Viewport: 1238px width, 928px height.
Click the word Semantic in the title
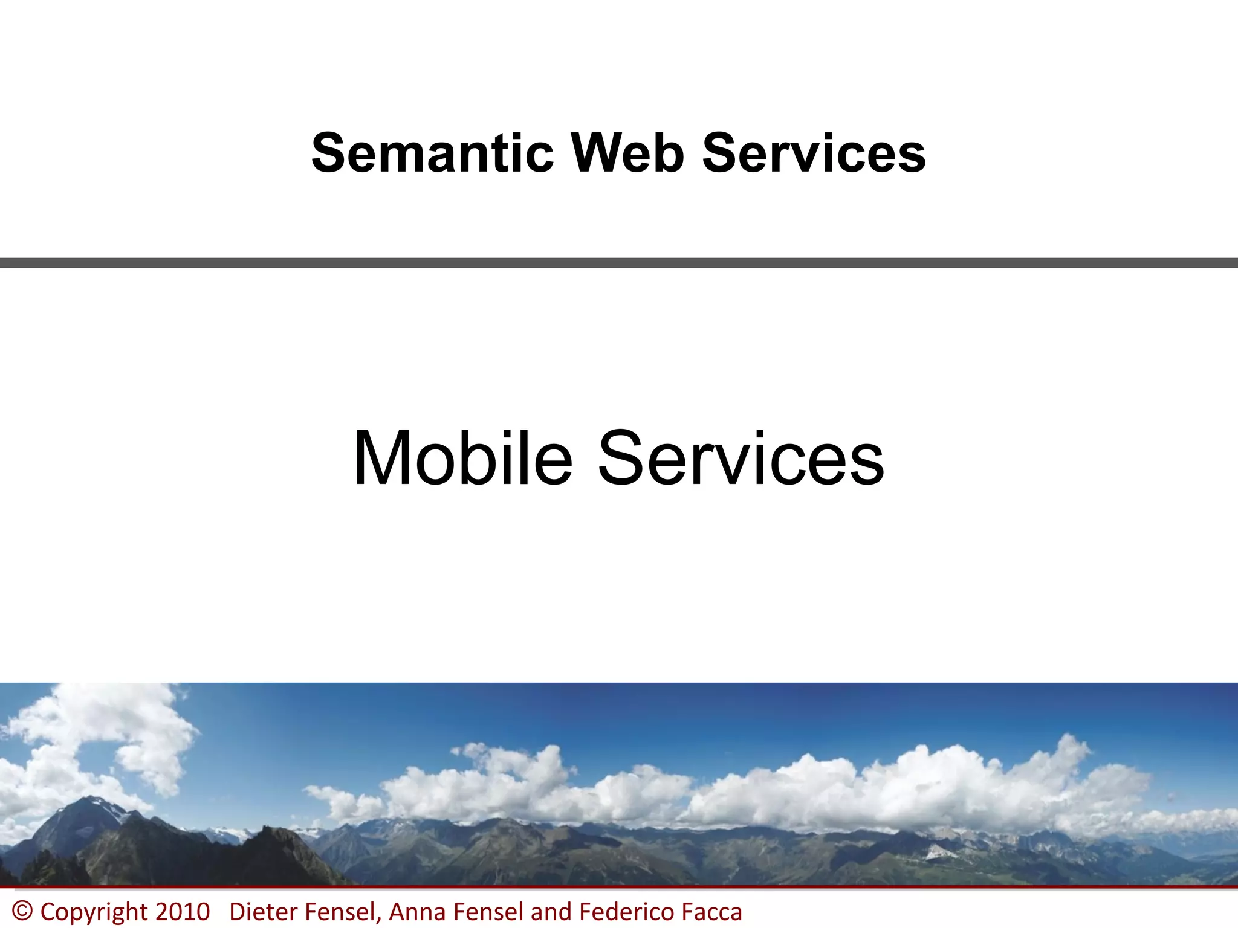click(x=432, y=153)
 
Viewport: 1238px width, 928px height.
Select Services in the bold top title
click(x=814, y=153)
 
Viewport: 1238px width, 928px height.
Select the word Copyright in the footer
click(x=94, y=912)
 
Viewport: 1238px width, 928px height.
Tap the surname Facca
click(x=711, y=912)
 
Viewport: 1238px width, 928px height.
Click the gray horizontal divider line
click(x=619, y=263)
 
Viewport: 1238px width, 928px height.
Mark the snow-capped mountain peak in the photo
click(x=91, y=804)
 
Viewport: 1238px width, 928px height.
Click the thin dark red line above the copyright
click(x=619, y=887)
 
